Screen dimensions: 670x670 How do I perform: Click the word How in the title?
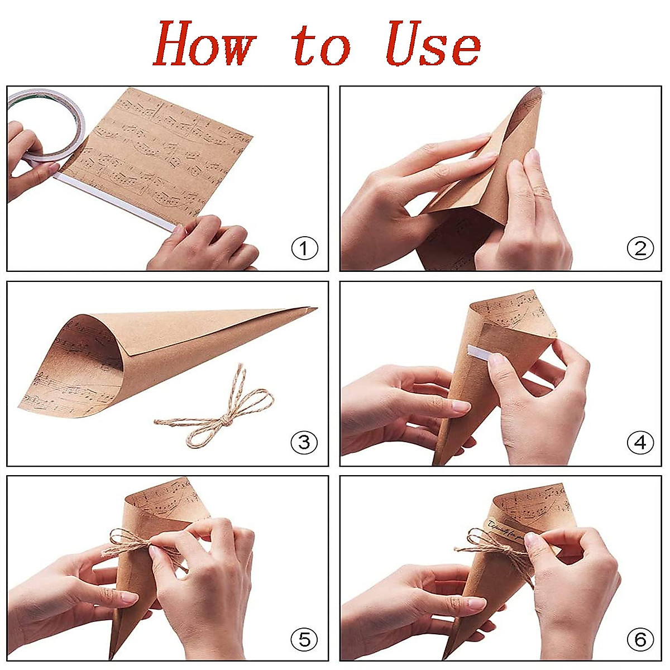(x=204, y=45)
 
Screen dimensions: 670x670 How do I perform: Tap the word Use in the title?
(x=433, y=45)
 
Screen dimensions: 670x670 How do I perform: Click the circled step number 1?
(x=304, y=248)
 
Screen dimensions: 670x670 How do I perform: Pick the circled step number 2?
(x=640, y=248)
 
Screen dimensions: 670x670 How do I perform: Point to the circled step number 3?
(x=304, y=443)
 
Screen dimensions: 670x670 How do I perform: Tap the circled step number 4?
(x=640, y=443)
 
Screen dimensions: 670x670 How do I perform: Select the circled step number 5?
(x=304, y=639)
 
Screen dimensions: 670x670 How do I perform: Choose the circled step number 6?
(x=640, y=639)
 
